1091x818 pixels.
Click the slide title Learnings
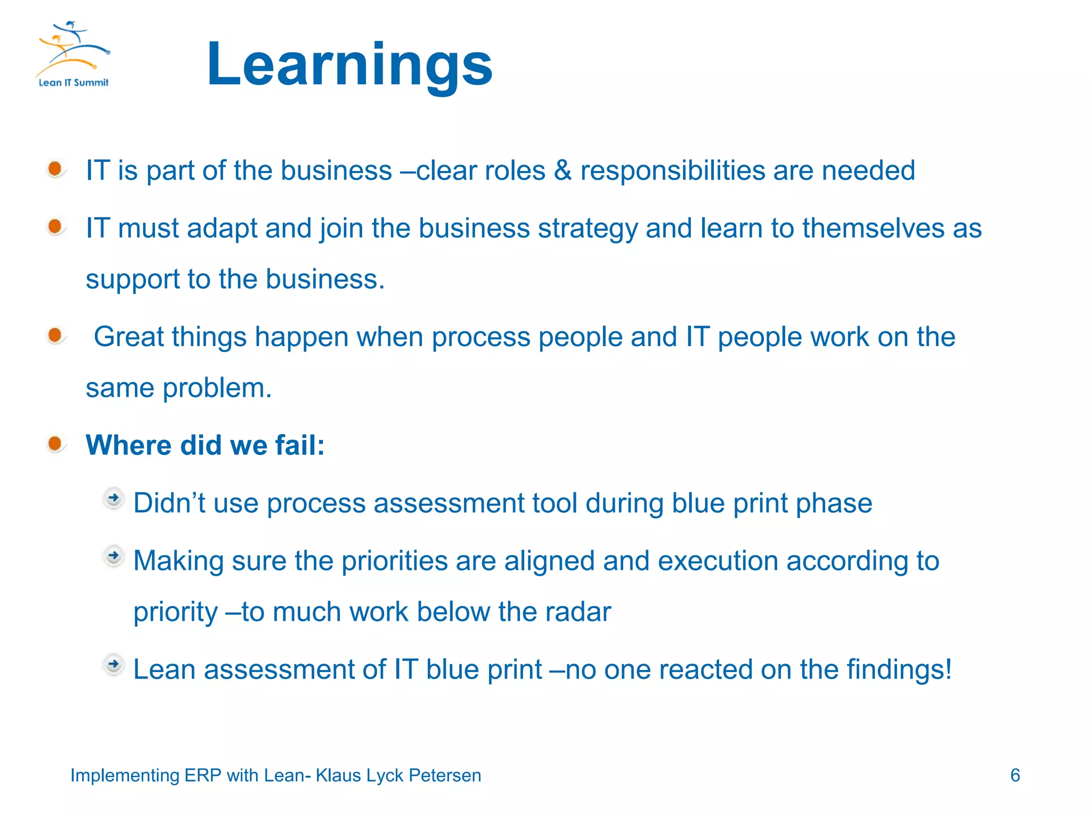tap(349, 65)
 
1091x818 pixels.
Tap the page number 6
tap(1015, 775)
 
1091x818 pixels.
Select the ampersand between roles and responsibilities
tap(563, 171)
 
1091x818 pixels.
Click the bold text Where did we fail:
tap(205, 445)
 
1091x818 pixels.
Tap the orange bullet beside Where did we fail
tap(55, 443)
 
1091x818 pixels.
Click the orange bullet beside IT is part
tap(55, 169)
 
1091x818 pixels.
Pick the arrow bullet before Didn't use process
tap(113, 498)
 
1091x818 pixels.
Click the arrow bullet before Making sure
tap(113, 556)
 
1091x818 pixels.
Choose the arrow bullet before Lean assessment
tap(113, 665)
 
